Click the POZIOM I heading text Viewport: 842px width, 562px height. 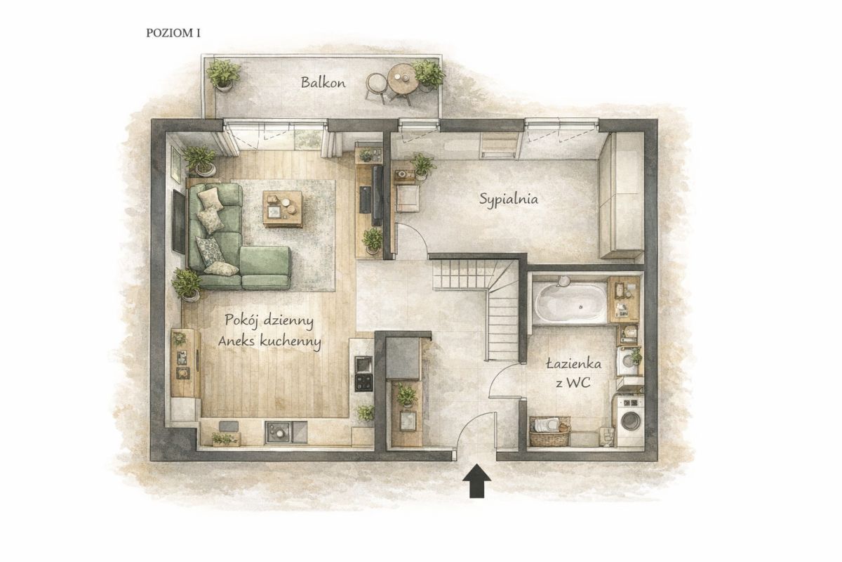[x=173, y=33]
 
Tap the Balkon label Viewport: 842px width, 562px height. [x=323, y=82]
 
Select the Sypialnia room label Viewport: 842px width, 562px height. [x=509, y=199]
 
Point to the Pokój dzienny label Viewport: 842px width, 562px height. [x=269, y=321]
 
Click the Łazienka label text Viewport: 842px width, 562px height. [x=573, y=364]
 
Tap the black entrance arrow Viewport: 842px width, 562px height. [x=476, y=481]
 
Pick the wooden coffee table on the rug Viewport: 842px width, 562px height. [x=283, y=209]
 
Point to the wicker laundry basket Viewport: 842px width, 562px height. [x=549, y=431]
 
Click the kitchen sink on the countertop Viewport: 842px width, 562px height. [x=286, y=432]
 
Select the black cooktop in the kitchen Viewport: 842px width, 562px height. [x=363, y=382]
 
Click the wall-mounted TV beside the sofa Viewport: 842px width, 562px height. [x=179, y=222]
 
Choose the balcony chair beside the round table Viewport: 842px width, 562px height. [x=375, y=87]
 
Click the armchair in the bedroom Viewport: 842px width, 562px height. [x=408, y=198]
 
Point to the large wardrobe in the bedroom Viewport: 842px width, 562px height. [x=622, y=195]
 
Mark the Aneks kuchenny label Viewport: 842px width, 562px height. [x=269, y=341]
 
